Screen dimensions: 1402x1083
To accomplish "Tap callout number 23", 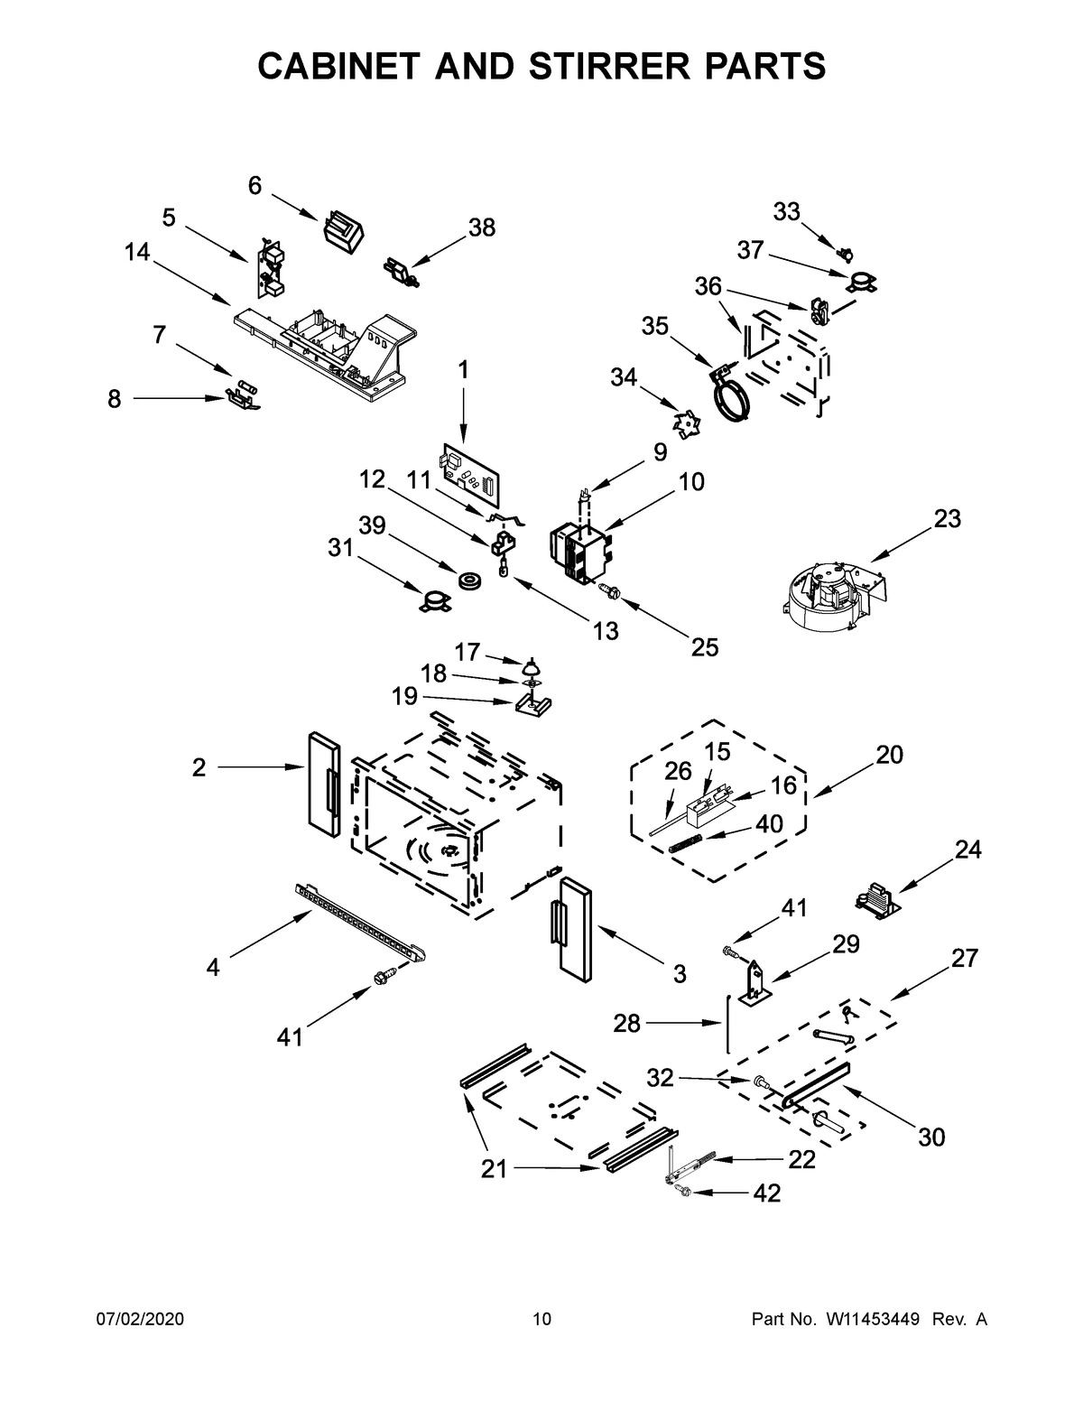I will [x=947, y=519].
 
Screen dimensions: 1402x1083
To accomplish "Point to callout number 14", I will [x=137, y=253].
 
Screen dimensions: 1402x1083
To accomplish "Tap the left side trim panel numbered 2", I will [x=321, y=782].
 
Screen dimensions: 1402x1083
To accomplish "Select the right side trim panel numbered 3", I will [x=573, y=926].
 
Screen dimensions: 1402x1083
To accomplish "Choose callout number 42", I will [x=766, y=1193].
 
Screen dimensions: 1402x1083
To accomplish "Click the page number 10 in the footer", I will [x=541, y=1320].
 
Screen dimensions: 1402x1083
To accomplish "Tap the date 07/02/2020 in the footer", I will [x=140, y=1320].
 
